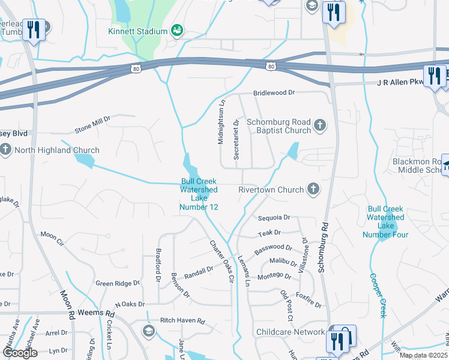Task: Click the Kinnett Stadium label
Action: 137,31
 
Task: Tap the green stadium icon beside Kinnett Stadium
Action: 176,31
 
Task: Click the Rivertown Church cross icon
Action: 312,190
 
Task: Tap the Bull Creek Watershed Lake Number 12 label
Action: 199,194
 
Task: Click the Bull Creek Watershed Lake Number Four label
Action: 386,221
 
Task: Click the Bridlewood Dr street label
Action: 274,93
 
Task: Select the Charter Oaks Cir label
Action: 220,262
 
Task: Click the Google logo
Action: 19,353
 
